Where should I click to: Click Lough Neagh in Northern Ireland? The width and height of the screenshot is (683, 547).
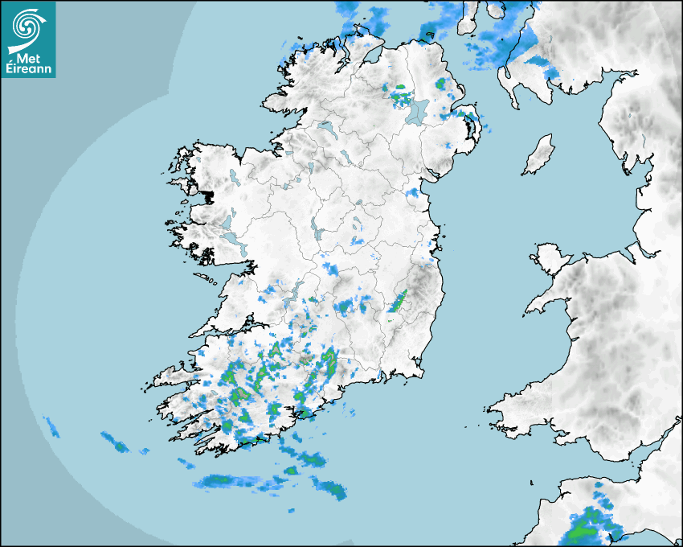(418, 110)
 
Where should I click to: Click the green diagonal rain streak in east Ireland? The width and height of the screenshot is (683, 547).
(399, 301)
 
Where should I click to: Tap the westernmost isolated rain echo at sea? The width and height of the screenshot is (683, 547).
(51, 426)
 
